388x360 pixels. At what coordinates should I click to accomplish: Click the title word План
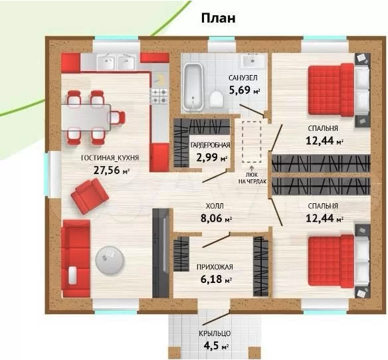coord(218,19)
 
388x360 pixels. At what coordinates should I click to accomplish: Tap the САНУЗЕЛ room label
coord(243,78)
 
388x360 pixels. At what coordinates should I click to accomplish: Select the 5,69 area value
coord(240,90)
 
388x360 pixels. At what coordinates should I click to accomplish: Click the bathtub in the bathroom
coord(193,87)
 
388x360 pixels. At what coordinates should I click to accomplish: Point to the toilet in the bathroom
coord(217,99)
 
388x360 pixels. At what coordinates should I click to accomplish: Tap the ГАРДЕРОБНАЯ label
coord(211,145)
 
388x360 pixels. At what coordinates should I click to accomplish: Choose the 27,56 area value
coord(107,170)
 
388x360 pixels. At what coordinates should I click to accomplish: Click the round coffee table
coord(110,260)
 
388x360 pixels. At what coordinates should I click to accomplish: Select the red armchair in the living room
coord(90,196)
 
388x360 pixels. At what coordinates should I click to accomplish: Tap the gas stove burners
coord(159,96)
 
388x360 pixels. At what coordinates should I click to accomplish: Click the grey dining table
coord(86,118)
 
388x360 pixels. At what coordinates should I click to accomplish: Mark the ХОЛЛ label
coord(215,206)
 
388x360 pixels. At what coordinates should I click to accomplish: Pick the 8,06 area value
coord(211,219)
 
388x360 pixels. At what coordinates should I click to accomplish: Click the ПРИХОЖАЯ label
coord(215,267)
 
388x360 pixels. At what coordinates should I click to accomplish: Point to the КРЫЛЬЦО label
coord(215,333)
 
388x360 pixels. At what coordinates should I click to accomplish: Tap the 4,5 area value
coord(211,345)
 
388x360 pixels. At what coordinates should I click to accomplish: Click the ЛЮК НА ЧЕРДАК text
coord(252,178)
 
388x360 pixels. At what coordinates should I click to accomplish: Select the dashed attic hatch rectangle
coord(252,141)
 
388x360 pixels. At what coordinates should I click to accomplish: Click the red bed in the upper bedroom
coord(331,90)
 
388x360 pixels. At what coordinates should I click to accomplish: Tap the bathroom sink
coord(252,61)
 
